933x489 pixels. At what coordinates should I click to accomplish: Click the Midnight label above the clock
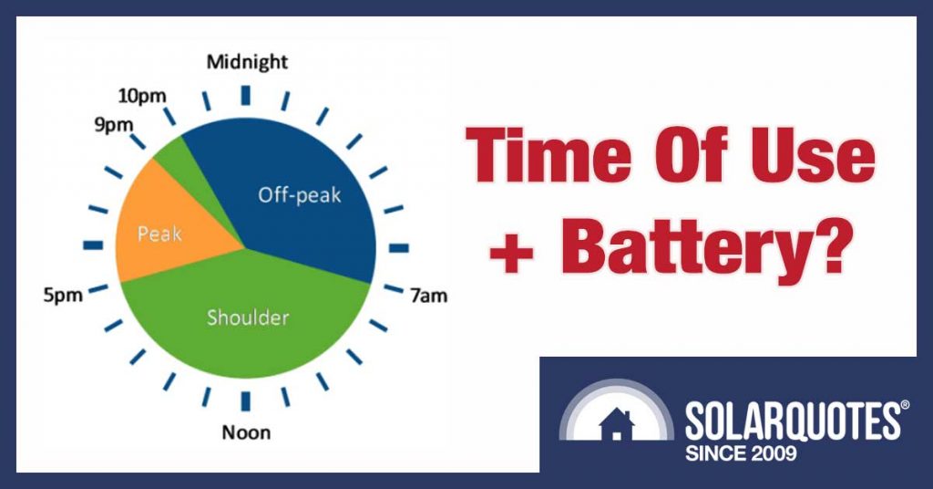(246, 62)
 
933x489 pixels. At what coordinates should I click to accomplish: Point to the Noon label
(245, 432)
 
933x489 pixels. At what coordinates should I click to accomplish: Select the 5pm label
(63, 297)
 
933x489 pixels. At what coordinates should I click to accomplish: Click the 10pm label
(142, 95)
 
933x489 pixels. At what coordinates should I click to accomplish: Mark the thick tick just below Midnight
(245, 94)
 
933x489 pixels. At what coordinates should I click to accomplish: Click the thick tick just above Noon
(245, 400)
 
